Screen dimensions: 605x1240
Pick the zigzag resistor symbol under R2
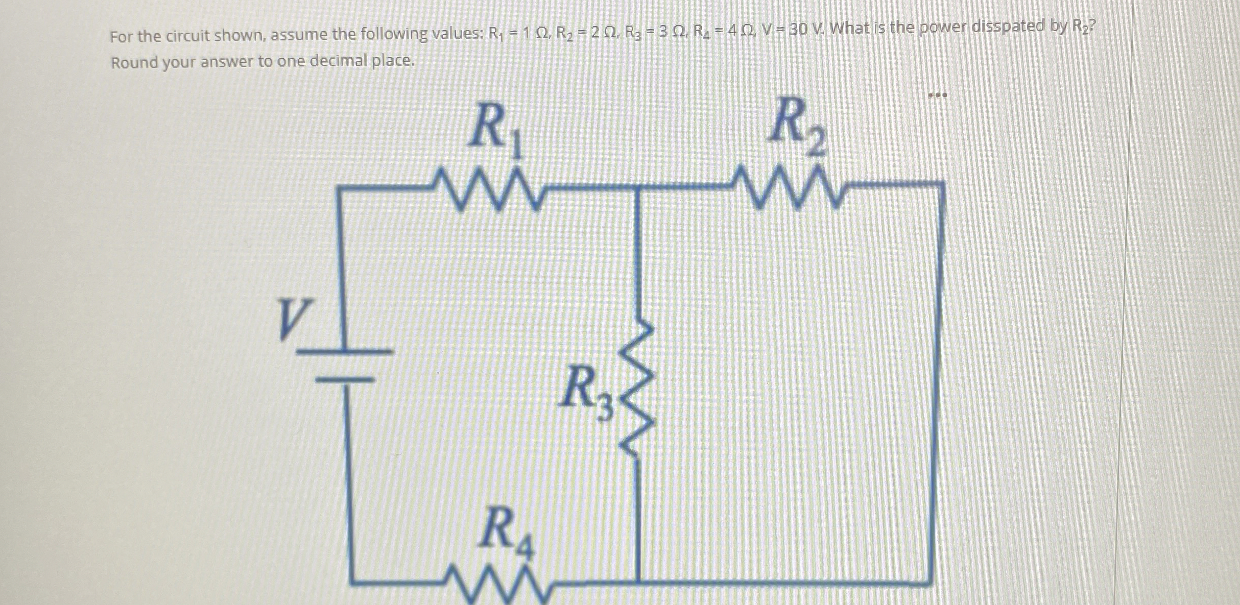tap(789, 190)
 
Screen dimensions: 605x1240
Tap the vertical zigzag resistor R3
tap(636, 391)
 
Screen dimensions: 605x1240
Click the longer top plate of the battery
tap(345, 351)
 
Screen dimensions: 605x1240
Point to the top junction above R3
tap(637, 187)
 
